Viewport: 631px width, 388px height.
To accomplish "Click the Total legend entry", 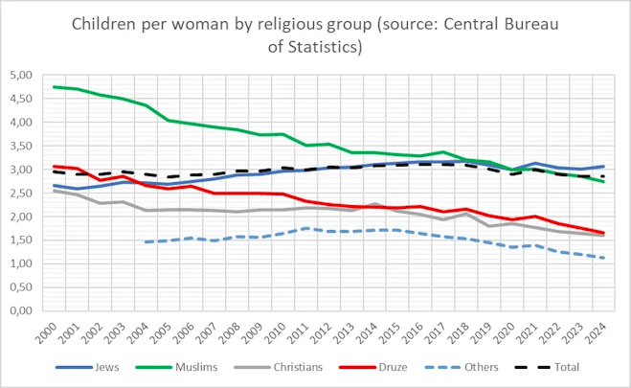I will tap(561, 366).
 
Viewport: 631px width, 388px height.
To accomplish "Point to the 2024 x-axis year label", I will tap(597, 331).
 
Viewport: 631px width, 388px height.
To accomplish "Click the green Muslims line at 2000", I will tap(55, 87).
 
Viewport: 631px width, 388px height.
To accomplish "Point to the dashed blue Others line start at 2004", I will tap(146, 242).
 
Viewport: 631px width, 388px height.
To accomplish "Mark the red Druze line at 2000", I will tap(55, 167).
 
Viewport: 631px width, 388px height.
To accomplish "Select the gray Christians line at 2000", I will tap(55, 191).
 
